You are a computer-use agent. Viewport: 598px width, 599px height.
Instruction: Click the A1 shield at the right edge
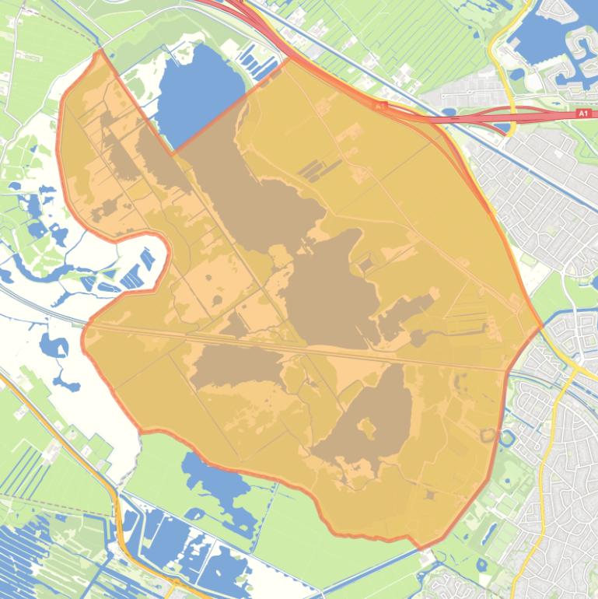click(x=583, y=114)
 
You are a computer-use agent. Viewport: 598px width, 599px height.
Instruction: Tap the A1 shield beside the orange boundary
click(x=379, y=105)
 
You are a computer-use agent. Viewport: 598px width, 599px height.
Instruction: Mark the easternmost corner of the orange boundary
click(x=541, y=326)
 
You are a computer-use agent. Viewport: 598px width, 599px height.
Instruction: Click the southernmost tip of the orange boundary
click(x=422, y=548)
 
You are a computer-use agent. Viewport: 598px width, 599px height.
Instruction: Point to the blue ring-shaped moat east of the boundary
click(x=507, y=438)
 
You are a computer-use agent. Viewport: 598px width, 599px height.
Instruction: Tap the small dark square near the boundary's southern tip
click(x=429, y=495)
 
